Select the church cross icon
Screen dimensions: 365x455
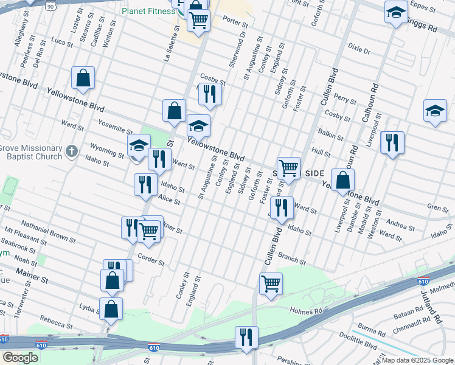(x=72, y=150)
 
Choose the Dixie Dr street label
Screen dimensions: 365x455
(x=359, y=49)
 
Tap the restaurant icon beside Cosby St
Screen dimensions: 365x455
(x=210, y=94)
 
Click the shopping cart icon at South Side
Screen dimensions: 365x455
(x=288, y=167)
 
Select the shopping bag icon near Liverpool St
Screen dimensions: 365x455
(x=343, y=179)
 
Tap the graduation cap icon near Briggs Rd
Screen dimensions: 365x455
(x=396, y=12)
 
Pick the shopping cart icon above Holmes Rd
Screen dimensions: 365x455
(x=271, y=283)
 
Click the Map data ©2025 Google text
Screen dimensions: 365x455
(x=417, y=360)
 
